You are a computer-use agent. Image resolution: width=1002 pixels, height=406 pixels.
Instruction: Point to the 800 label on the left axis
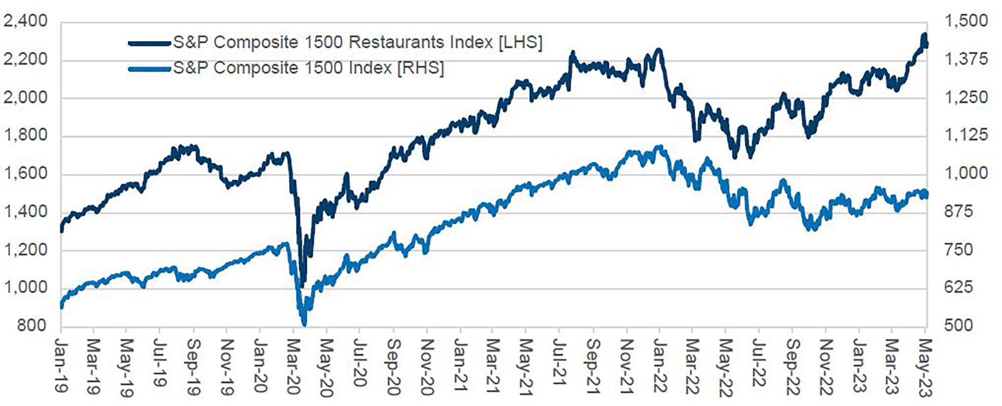32,326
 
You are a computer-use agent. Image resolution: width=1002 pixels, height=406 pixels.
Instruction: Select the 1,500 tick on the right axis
966,22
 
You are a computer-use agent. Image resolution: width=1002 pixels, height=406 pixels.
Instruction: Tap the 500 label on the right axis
959,326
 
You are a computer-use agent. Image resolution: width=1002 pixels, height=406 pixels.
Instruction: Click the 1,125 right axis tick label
966,135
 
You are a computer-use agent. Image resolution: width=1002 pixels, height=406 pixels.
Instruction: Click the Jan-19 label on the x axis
61,366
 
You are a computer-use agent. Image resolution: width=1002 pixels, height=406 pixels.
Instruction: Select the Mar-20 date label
293,367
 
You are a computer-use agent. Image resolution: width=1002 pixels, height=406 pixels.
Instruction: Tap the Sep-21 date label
593,366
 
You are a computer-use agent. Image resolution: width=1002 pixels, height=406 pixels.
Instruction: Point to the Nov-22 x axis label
826,367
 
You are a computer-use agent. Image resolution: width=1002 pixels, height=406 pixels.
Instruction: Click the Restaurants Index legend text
357,43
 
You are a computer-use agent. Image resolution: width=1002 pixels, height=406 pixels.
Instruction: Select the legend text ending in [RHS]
308,68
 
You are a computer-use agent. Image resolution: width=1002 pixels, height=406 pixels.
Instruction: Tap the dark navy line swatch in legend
149,43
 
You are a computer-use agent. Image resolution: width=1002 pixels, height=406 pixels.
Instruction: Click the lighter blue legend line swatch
149,69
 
